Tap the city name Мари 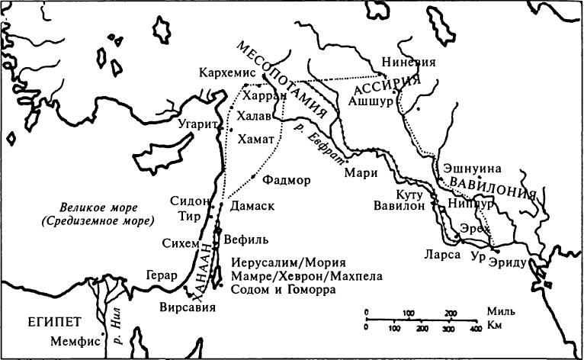click(x=361, y=172)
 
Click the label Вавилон click(x=398, y=206)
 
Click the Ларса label click(x=445, y=255)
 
